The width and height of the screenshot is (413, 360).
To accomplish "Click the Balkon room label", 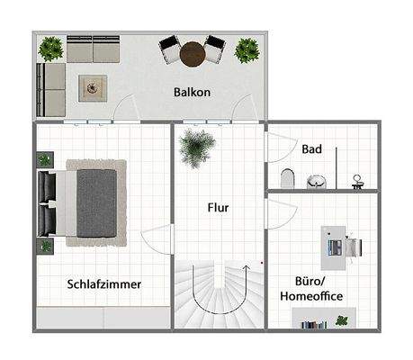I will pos(193,92).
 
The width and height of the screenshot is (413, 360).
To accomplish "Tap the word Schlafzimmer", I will pos(104,284).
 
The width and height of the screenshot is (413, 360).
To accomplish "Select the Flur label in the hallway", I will pos(218,208).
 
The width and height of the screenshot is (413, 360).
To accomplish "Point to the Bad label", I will pos(311,148).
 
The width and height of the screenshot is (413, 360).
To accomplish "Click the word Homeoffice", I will pos(311,296).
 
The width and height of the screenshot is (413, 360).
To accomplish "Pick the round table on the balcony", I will pos(193,56).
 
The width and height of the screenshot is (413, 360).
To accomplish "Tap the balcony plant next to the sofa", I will pos(51,47).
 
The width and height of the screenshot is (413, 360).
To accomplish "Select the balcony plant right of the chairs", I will pos(247,49).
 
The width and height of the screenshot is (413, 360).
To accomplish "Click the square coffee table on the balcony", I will pos(94,86).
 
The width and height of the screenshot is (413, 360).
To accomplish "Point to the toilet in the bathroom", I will pos(288,177).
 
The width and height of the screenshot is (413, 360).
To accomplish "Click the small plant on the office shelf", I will pos(341,320).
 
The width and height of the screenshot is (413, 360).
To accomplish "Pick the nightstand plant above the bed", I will pos(45,160).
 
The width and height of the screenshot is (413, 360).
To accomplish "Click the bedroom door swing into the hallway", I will pos(157,239).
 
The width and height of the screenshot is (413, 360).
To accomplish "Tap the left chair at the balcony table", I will pos(170,49).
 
